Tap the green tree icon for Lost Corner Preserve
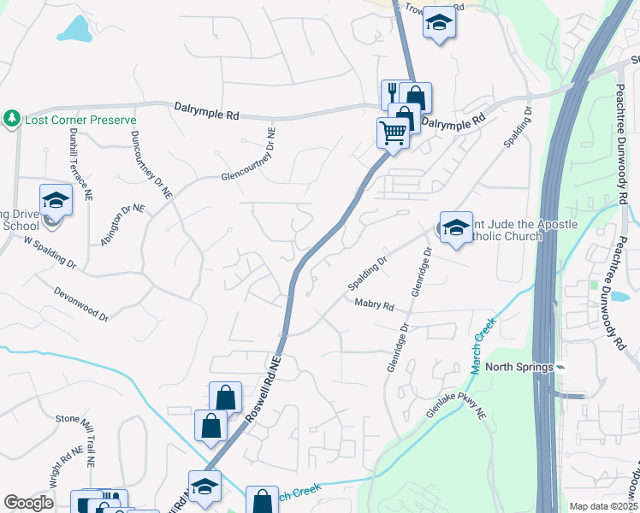[12, 118]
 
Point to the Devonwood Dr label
[80, 304]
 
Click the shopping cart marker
[393, 133]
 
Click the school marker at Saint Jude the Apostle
[456, 227]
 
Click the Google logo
[29, 503]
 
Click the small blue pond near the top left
[75, 30]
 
